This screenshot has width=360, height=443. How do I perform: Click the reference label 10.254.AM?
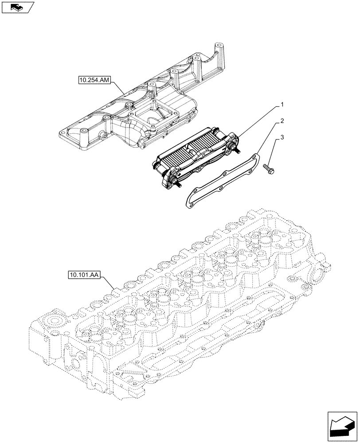click(x=95, y=80)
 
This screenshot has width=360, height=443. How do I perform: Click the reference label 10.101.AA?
click(x=85, y=275)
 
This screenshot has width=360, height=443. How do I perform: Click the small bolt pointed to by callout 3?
click(x=270, y=168)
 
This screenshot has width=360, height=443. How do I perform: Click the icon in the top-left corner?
click(x=18, y=7)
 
